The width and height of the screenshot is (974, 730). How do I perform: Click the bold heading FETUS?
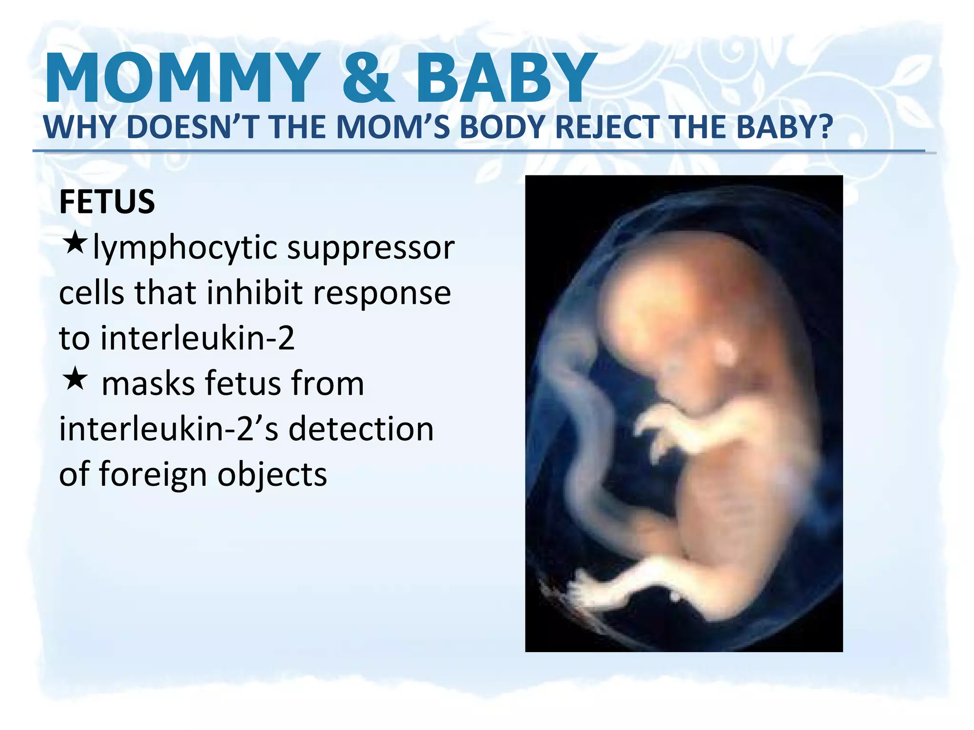coord(107,202)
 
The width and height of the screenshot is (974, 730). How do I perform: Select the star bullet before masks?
coord(75,379)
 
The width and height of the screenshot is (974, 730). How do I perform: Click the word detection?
coord(361,429)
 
